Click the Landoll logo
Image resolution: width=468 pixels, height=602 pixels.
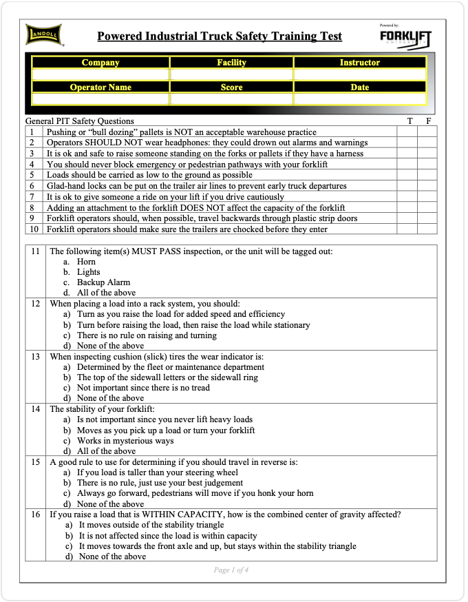45,34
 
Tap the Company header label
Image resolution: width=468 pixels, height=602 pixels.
100,63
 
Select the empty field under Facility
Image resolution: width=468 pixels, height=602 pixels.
231,74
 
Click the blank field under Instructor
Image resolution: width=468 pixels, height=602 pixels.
359,74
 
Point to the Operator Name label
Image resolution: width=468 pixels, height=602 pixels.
100,87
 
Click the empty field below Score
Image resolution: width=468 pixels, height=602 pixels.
231,99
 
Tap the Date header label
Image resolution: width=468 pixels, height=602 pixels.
359,87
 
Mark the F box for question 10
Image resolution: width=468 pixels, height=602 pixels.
427,229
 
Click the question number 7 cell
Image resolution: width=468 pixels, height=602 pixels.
32,197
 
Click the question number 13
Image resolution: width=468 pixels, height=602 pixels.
36,357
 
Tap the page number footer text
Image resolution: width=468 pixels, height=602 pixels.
231,570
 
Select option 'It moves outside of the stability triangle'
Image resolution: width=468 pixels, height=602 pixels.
151,525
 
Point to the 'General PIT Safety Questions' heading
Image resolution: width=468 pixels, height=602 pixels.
80,121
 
